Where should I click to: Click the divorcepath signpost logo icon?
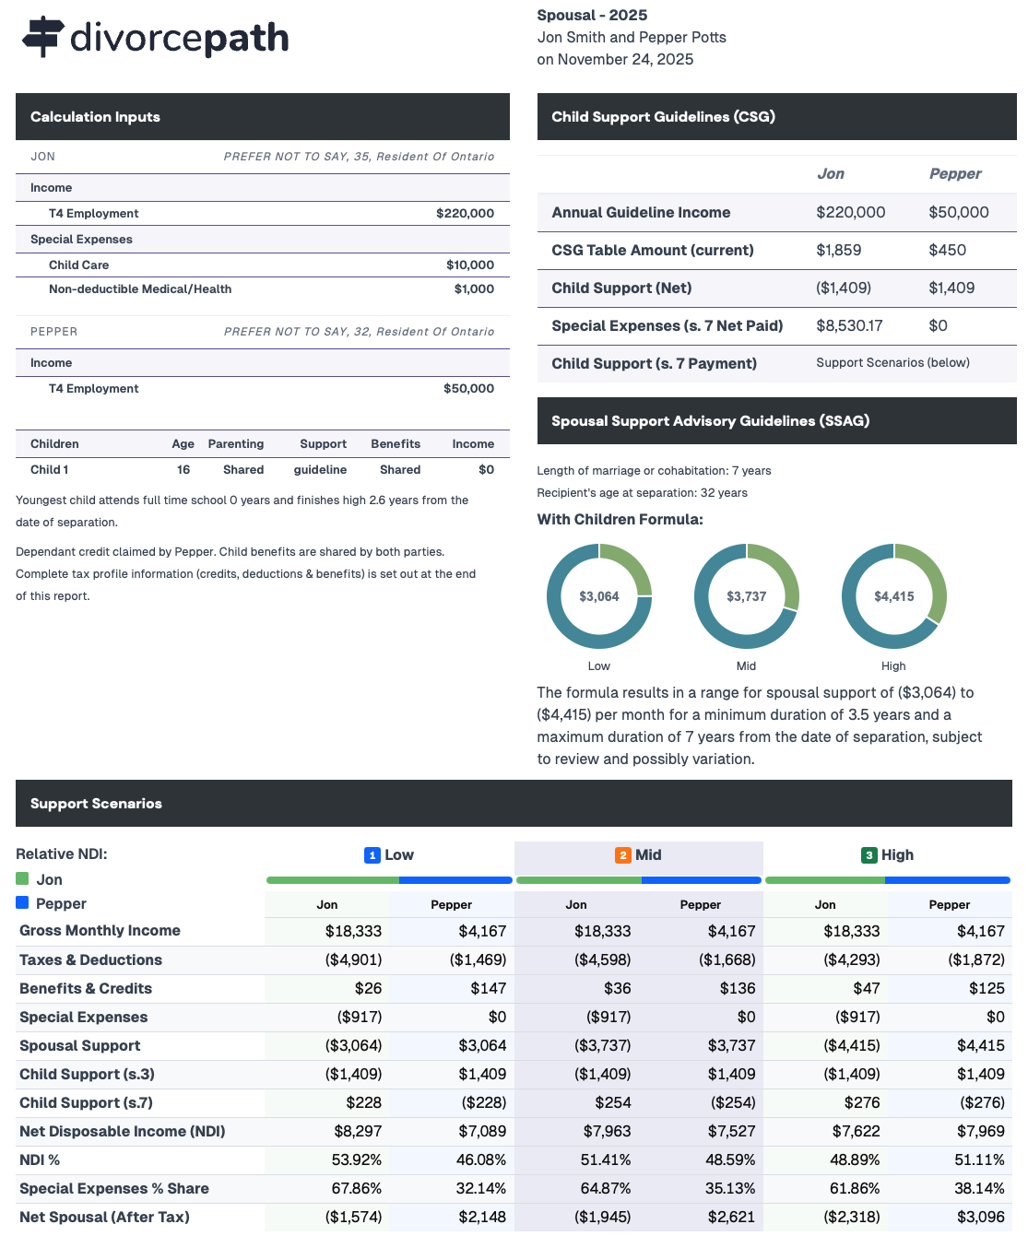coord(42,36)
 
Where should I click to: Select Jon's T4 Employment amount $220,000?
coord(465,213)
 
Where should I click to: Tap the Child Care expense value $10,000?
coord(469,265)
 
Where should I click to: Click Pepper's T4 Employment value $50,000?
coord(468,388)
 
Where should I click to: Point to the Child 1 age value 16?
coord(183,469)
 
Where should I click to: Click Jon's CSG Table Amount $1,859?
coord(838,250)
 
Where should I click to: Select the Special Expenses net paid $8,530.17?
coord(849,325)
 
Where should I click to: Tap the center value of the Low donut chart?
coord(599,596)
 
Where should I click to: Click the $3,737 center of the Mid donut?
coord(747,596)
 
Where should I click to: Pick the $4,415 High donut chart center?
coord(894,596)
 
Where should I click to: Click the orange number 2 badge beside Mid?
coord(623,855)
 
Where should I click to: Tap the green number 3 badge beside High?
coord(868,855)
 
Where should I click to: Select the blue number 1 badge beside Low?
coord(372,855)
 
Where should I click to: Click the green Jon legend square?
coord(22,878)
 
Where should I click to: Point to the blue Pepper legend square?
coord(22,902)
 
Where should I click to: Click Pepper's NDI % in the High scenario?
coord(979,1159)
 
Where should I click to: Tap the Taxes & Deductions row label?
coord(90,959)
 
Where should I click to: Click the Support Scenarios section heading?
coord(96,804)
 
